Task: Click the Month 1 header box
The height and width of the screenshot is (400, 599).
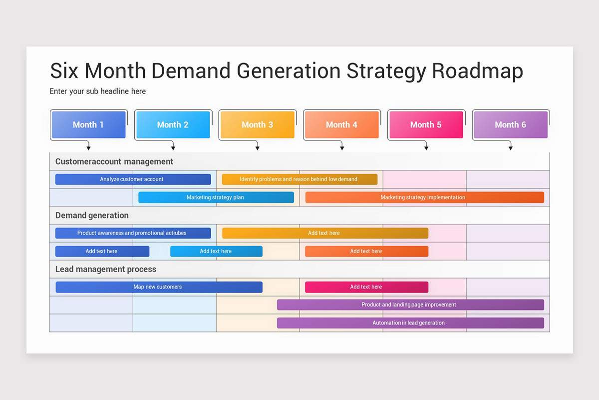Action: [x=88, y=124]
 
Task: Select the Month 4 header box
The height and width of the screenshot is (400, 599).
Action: [x=342, y=124]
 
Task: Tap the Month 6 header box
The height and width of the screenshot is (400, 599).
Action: [x=511, y=124]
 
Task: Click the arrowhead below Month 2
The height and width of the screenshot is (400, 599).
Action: [x=173, y=148]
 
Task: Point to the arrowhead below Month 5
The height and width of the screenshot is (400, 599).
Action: [x=426, y=148]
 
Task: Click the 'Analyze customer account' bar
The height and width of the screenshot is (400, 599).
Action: [x=133, y=179]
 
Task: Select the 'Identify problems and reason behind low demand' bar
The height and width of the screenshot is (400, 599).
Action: [x=299, y=179]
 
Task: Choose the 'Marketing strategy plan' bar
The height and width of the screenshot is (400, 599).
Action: [x=216, y=197]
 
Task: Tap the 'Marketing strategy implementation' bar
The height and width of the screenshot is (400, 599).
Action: [x=425, y=197]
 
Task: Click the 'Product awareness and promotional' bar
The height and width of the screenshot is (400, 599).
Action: [x=133, y=233]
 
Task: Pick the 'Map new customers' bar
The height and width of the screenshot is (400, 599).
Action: [x=159, y=287]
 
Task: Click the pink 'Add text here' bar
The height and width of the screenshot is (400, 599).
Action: [x=366, y=287]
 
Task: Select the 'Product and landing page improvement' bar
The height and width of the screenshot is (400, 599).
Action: [x=410, y=304]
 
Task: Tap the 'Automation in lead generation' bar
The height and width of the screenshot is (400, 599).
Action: [x=410, y=323]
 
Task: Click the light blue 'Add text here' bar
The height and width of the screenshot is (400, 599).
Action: [x=216, y=251]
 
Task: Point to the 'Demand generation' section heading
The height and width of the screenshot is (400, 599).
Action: [x=92, y=215]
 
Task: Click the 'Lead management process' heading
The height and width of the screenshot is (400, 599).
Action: [x=106, y=269]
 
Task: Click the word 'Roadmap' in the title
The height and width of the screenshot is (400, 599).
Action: [x=477, y=71]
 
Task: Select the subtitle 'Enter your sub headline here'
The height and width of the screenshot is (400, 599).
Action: [x=98, y=91]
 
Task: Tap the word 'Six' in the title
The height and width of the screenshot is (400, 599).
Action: [x=64, y=70]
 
